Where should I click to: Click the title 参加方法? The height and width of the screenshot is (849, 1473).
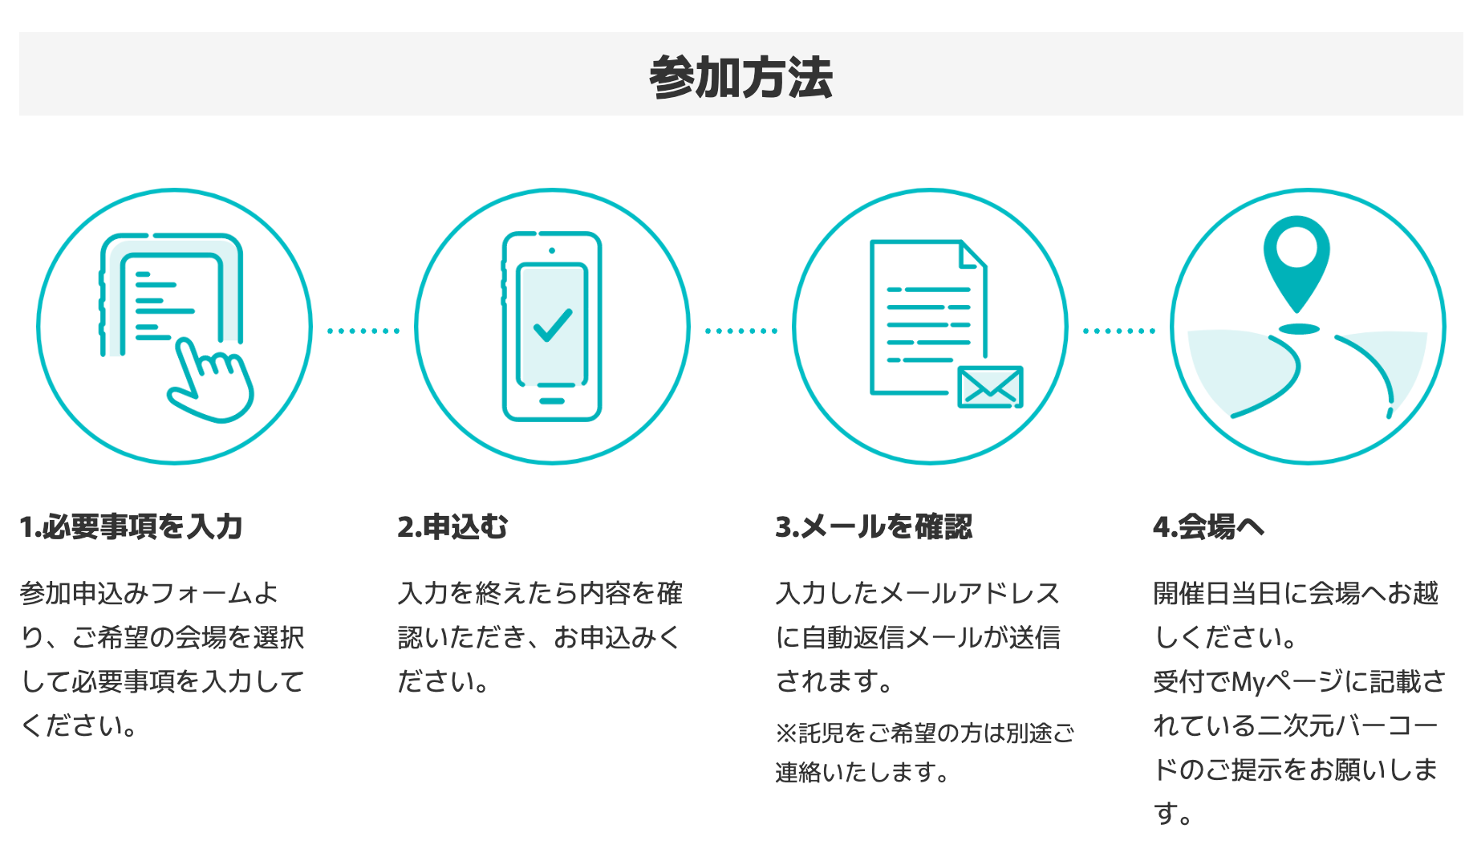[x=741, y=77]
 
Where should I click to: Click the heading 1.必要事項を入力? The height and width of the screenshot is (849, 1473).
[x=131, y=527]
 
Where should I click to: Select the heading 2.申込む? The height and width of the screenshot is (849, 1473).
[x=452, y=527]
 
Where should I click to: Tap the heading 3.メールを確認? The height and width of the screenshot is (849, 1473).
[x=874, y=527]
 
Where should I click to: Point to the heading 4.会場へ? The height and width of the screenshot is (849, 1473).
[x=1208, y=527]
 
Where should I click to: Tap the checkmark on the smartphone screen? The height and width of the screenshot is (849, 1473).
[x=552, y=325]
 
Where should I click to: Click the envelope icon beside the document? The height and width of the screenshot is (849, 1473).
[x=990, y=387]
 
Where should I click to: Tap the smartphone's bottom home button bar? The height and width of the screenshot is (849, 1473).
[x=552, y=400]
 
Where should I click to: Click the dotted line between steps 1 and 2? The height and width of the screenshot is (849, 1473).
[x=363, y=331]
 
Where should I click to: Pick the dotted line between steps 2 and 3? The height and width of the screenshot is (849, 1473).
[x=741, y=331]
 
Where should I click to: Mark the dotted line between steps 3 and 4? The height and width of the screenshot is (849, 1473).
[x=1119, y=331]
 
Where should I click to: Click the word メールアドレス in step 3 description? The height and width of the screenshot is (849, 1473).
[x=970, y=594]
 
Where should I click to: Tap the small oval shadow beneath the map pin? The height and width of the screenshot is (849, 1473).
[x=1299, y=328]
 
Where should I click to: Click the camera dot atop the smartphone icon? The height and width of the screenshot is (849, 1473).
[x=552, y=250]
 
